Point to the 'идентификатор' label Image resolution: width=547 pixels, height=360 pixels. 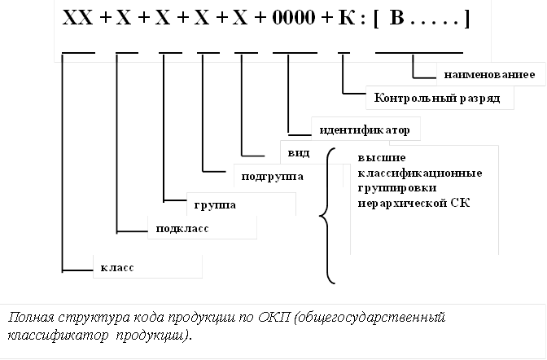click(358, 130)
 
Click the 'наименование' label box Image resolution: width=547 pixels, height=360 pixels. click(489, 76)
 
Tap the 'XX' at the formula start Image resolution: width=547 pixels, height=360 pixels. click(77, 18)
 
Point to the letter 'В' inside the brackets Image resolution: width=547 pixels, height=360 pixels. click(396, 18)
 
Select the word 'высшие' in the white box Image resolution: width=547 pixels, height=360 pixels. click(382, 157)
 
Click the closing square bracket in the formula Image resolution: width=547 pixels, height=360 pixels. click(465, 19)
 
